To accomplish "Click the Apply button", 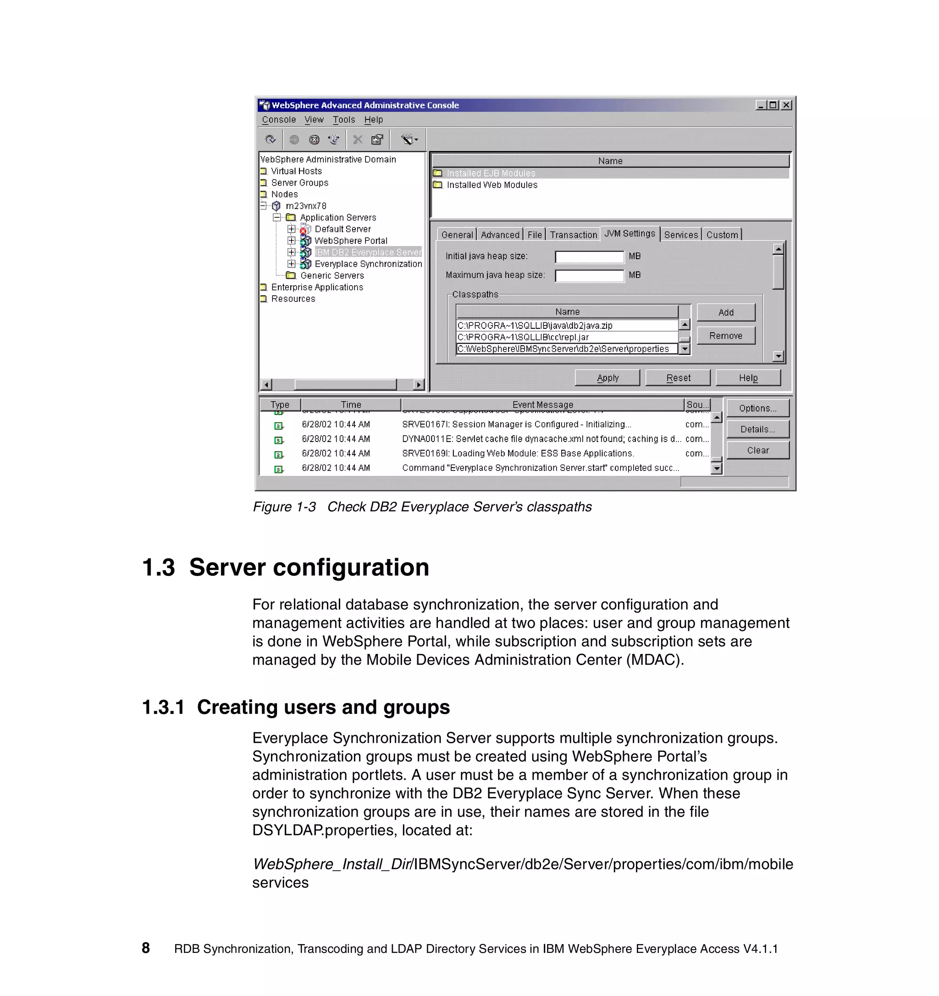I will (607, 378).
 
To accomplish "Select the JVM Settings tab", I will (629, 233).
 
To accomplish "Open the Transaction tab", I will (573, 234).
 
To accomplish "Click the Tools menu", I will (343, 120).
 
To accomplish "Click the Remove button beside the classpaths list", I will (725, 336).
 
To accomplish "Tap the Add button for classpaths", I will (725, 313).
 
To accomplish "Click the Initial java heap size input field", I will (589, 256).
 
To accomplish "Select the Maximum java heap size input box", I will (589, 276).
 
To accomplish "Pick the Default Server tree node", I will (342, 229).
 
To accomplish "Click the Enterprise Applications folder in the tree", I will (316, 287).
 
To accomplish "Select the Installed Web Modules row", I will (492, 185).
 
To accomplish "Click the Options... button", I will (757, 408).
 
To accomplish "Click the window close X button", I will (786, 105).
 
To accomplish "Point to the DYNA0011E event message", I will (541, 439).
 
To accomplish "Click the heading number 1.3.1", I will (163, 707).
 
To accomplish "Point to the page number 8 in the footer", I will (146, 948).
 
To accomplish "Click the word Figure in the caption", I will (272, 507).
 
